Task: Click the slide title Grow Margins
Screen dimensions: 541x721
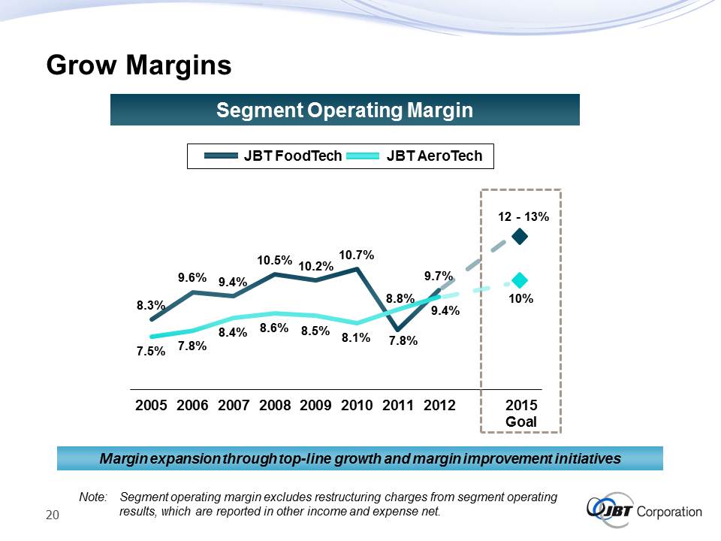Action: coord(138,65)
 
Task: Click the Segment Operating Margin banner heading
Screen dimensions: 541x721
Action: coord(345,110)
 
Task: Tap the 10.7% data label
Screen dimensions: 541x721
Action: coord(357,255)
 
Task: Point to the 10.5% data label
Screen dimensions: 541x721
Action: coord(275,260)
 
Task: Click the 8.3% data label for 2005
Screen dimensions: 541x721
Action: coord(150,306)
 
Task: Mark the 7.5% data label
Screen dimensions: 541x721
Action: coord(151,351)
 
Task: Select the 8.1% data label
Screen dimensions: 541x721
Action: coord(356,338)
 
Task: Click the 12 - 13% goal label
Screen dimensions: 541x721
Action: coord(523,216)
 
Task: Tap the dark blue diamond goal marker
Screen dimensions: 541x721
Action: coord(520,237)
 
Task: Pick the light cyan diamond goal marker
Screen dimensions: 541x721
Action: coord(520,280)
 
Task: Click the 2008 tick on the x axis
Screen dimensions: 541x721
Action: coord(275,406)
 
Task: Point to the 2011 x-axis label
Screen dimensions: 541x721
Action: coord(398,406)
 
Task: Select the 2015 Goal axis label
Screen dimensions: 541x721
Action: coord(521,413)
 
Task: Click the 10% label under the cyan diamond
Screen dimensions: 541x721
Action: coord(520,298)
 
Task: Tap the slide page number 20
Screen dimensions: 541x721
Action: coord(53,515)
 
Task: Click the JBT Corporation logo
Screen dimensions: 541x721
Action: coord(644,511)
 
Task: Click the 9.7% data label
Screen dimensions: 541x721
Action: coord(438,277)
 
